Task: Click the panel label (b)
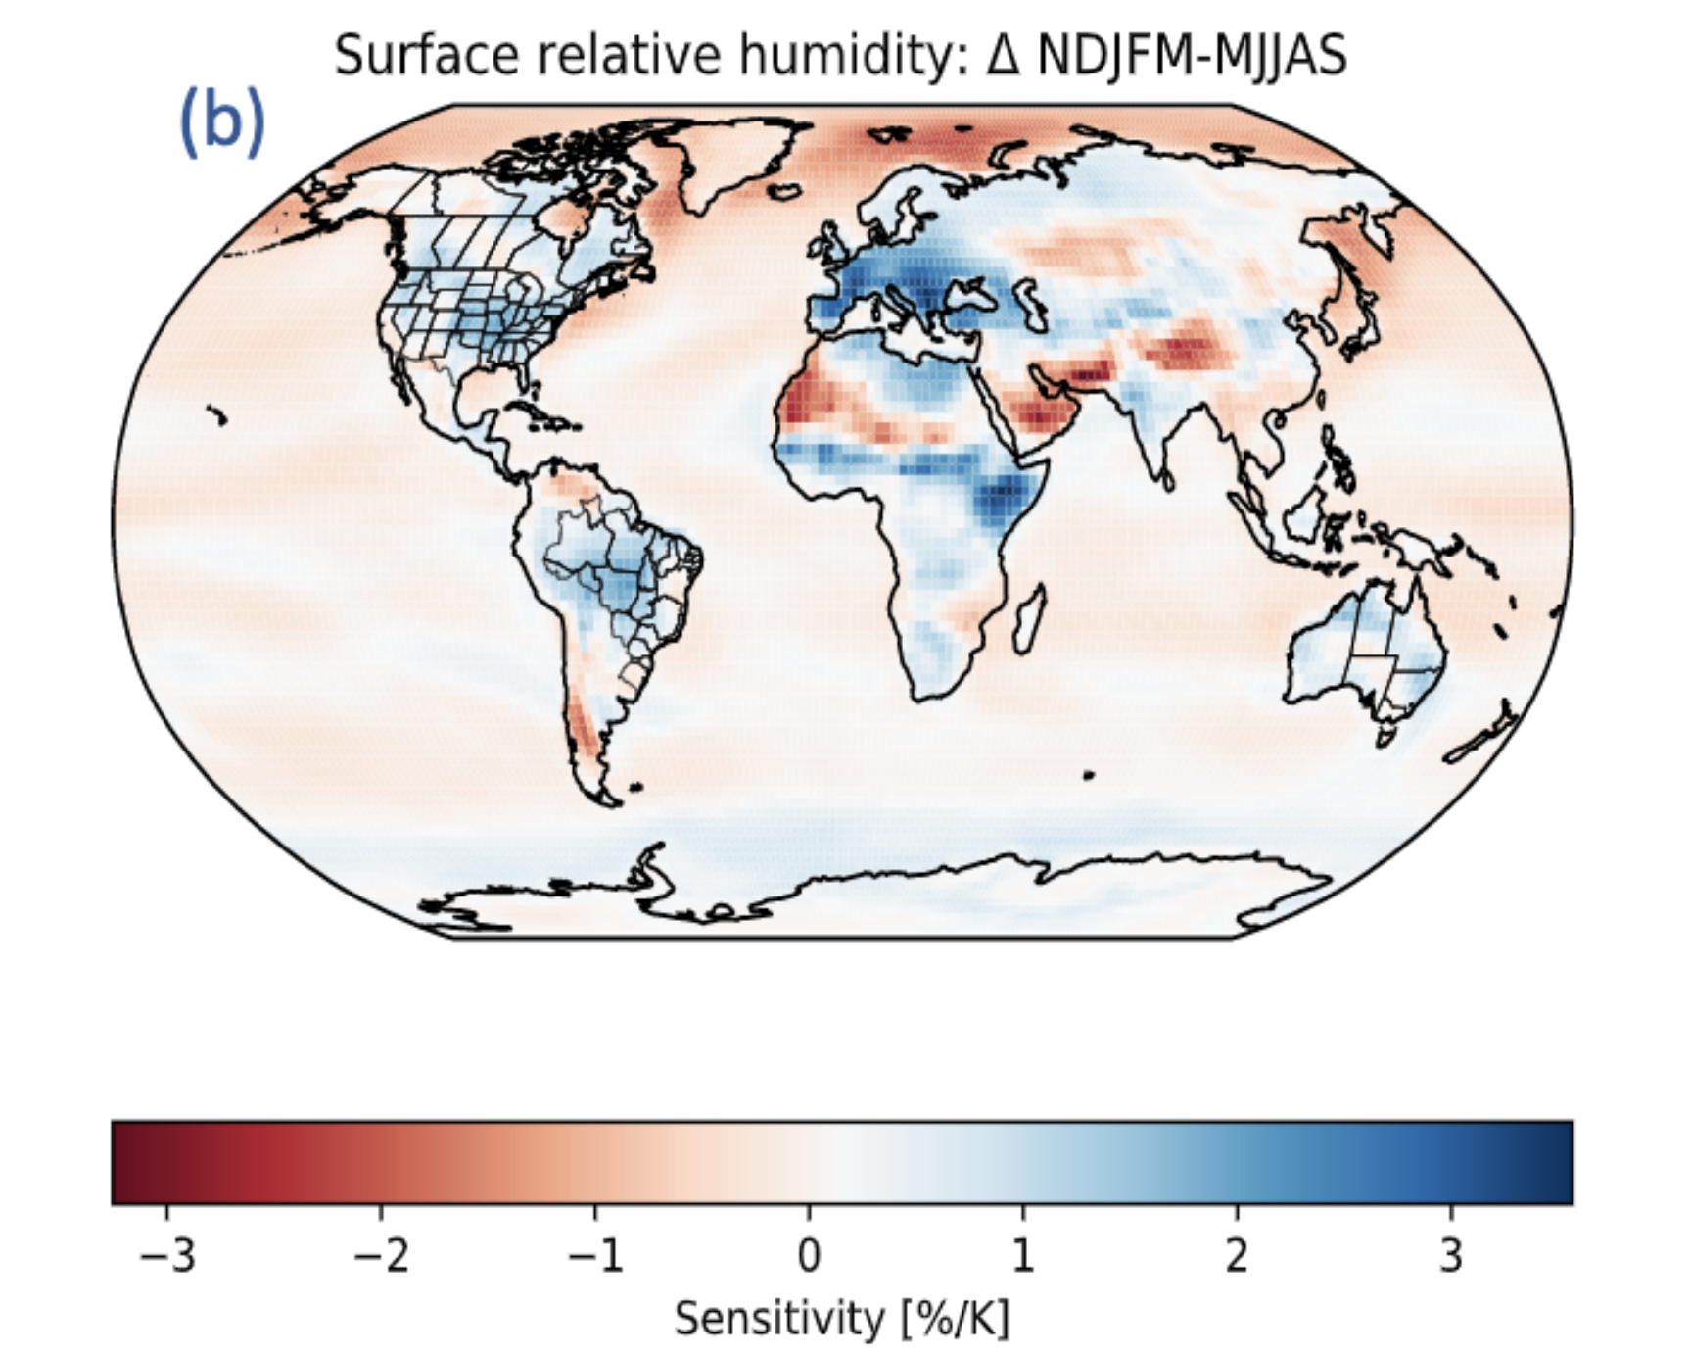222,122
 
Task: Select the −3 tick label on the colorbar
167,1255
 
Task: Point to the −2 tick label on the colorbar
381,1255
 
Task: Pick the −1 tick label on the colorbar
594,1255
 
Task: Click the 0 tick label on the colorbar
809,1255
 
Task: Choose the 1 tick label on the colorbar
1022,1255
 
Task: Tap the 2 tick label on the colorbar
1237,1255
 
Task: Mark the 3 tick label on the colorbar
1450,1255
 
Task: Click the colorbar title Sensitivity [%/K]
841,1319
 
